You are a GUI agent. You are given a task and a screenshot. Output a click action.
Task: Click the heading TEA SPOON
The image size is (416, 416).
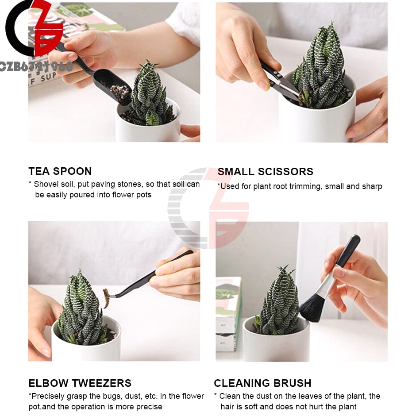tap(60, 171)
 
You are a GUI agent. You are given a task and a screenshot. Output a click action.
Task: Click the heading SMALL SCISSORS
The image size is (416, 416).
tap(265, 172)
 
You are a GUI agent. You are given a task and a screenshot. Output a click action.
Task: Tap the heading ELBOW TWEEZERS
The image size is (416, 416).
tap(80, 383)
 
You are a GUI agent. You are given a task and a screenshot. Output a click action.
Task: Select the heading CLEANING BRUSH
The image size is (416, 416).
tap(262, 383)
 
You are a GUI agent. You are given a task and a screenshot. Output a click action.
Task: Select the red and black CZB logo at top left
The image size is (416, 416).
tap(35, 29)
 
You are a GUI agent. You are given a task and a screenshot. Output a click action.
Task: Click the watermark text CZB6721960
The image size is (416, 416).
tap(36, 66)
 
